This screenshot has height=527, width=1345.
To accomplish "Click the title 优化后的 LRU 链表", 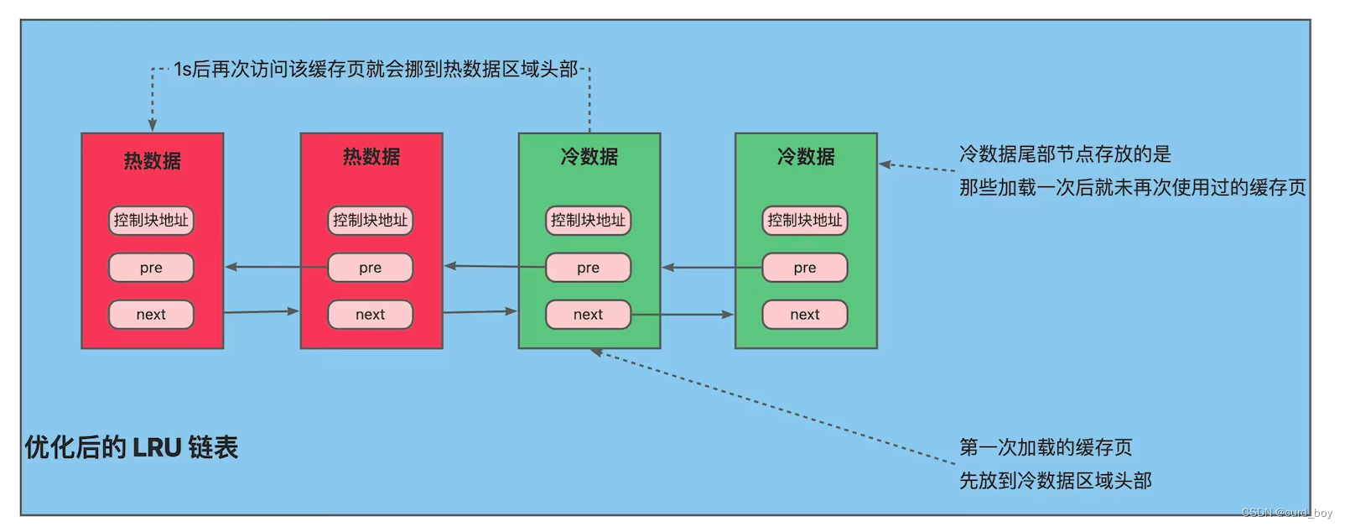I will click(x=132, y=447).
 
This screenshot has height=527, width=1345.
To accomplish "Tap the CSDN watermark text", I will click(x=1286, y=512).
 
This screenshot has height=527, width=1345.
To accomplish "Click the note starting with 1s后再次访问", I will click(x=376, y=69).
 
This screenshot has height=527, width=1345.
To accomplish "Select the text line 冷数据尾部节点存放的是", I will click(x=1065, y=154).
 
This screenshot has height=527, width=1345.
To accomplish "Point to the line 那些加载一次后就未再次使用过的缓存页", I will click(x=1132, y=187).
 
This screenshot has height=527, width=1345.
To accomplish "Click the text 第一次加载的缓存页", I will click(x=1046, y=447).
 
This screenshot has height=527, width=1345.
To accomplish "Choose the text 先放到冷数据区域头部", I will click(x=1055, y=481).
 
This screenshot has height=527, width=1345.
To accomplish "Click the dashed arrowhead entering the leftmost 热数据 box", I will click(x=153, y=125).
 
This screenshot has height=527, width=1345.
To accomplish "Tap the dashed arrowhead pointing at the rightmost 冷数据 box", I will click(x=885, y=164).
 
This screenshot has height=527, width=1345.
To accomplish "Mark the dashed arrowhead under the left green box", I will click(x=596, y=352).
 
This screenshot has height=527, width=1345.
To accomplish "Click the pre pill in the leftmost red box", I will click(x=151, y=268).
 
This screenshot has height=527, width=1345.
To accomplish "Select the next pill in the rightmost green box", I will click(x=804, y=315).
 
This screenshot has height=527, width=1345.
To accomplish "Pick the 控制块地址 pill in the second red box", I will click(x=370, y=221).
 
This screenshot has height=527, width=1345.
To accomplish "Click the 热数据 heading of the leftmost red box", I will click(x=153, y=160).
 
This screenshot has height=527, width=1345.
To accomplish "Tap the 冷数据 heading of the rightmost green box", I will click(x=806, y=157).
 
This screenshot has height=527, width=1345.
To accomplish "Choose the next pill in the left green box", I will click(x=588, y=315).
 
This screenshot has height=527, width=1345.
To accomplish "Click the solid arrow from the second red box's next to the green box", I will click(x=480, y=312).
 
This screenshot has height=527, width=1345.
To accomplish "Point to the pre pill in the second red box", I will click(x=370, y=268).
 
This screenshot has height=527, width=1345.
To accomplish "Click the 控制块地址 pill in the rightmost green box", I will click(x=804, y=221).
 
